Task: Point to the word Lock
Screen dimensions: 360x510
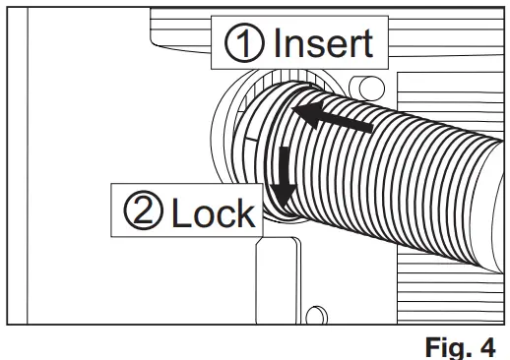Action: [x=213, y=213]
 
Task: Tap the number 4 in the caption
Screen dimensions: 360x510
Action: [x=489, y=345]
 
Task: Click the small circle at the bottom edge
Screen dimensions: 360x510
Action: [x=315, y=317]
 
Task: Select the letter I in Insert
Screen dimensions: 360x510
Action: [x=276, y=43]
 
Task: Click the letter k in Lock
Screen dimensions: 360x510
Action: [x=245, y=213]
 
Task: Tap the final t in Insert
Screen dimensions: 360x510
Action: [x=367, y=43]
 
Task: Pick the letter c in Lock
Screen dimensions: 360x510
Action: [x=224, y=215]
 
